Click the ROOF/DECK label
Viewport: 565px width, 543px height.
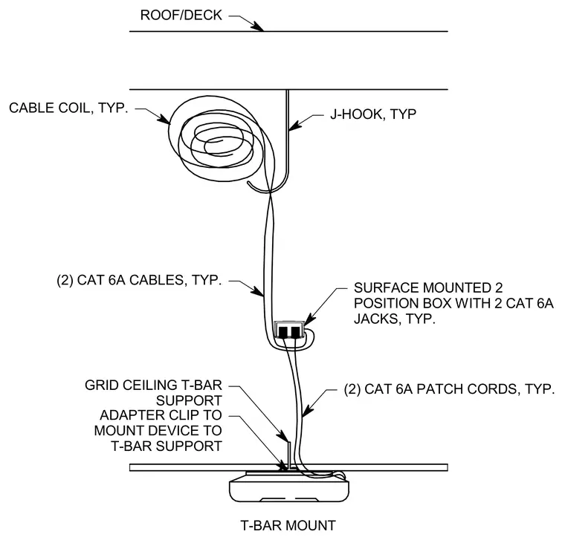click(181, 15)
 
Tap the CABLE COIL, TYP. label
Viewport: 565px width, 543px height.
click(68, 108)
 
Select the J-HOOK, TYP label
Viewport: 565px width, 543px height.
click(373, 114)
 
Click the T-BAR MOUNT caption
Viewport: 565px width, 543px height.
click(288, 525)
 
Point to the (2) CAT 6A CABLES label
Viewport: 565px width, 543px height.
click(139, 280)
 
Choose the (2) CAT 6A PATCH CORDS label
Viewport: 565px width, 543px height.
click(449, 389)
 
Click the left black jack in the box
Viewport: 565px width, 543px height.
click(283, 331)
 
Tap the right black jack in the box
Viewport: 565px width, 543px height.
click(295, 331)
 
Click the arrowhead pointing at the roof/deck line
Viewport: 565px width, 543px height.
click(257, 26)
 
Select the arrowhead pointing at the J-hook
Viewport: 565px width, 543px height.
click(295, 125)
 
